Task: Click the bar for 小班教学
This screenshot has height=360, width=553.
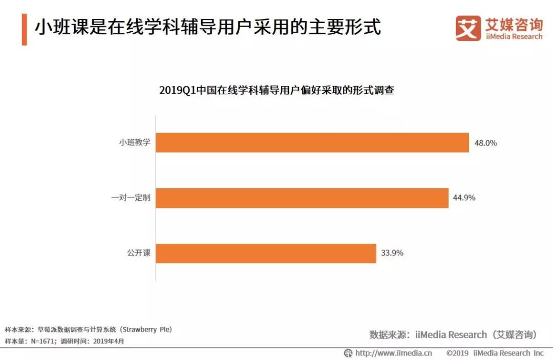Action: pyautogui.click(x=312, y=142)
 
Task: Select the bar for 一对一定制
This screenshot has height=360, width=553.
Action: pyautogui.click(x=302, y=198)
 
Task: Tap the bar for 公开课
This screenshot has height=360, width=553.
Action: pyautogui.click(x=266, y=253)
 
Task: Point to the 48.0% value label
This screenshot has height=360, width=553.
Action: pyautogui.click(x=485, y=143)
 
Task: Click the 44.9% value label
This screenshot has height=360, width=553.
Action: pyautogui.click(x=464, y=198)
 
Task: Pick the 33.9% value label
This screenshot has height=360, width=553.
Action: pyautogui.click(x=392, y=253)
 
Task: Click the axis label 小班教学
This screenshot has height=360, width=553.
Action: pyautogui.click(x=135, y=142)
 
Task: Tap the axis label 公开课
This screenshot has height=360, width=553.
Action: pyautogui.click(x=139, y=253)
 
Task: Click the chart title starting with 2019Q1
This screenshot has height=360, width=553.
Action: pyautogui.click(x=276, y=91)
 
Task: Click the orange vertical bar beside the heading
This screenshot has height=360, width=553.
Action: pyautogui.click(x=24, y=30)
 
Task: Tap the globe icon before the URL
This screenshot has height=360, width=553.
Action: pyautogui.click(x=348, y=353)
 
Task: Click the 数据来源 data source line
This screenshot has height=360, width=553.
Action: pyautogui.click(x=453, y=334)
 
